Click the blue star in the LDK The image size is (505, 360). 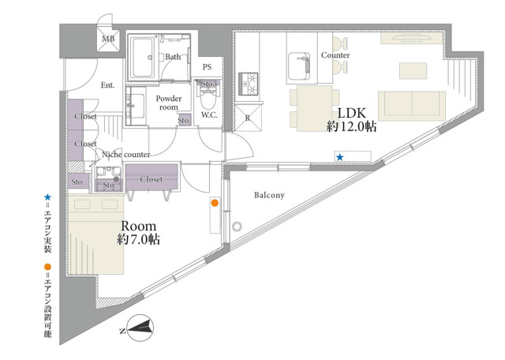(x=340, y=157)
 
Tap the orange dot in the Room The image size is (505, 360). (x=215, y=203)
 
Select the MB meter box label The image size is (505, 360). (x=108, y=39)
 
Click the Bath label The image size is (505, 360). (x=173, y=57)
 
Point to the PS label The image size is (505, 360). (x=207, y=67)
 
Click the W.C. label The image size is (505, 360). (x=209, y=114)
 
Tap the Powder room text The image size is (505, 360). (x=169, y=103)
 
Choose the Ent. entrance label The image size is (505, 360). (x=107, y=85)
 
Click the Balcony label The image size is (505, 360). (x=269, y=195)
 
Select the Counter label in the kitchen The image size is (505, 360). (x=335, y=55)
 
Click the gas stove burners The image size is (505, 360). (x=248, y=84)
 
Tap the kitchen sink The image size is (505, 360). (x=298, y=66)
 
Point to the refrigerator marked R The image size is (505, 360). (x=248, y=118)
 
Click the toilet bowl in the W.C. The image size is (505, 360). (x=208, y=100)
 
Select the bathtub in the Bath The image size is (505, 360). (x=142, y=58)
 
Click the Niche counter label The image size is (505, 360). (x=126, y=155)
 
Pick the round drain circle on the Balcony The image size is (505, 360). (x=237, y=227)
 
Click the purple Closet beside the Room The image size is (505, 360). (x=151, y=177)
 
